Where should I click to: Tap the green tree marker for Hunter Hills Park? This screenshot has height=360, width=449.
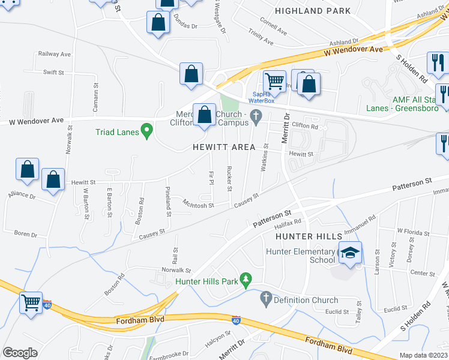[x=245, y=279]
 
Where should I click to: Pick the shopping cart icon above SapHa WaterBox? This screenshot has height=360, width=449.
[x=274, y=80]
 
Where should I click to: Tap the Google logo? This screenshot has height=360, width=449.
[x=20, y=353]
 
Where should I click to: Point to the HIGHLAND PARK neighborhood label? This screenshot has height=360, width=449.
[x=313, y=11]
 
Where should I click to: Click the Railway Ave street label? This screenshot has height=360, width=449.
[x=55, y=54]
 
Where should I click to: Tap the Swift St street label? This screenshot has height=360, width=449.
[x=53, y=72]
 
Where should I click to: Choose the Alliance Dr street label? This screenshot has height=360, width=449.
[x=22, y=196]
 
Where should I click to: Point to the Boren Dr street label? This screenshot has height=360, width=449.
[x=25, y=233]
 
